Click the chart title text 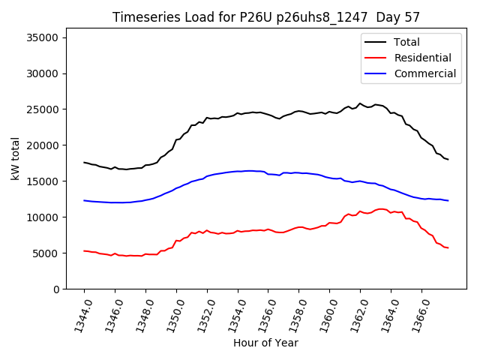[x=266, y=17]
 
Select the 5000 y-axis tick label [x=46, y=253]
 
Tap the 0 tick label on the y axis [x=56, y=289]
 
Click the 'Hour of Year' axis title [x=265, y=343]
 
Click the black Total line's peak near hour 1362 [x=360, y=103]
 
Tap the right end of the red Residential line [x=448, y=247]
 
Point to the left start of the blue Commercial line [x=84, y=200]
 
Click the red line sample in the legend [x=376, y=58]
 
